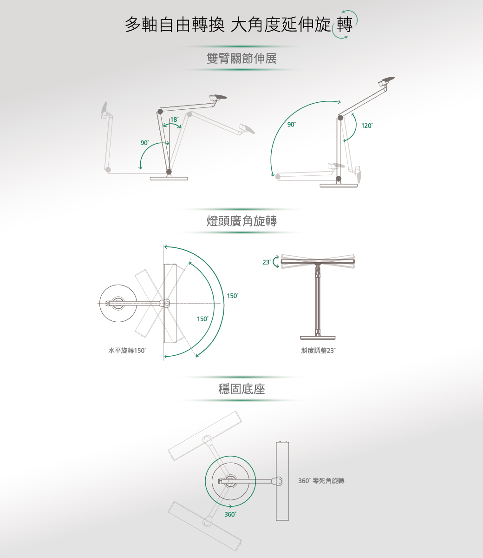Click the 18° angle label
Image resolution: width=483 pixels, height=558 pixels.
(174, 120)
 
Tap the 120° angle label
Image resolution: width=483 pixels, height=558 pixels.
(367, 126)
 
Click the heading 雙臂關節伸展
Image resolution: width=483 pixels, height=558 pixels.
(241, 58)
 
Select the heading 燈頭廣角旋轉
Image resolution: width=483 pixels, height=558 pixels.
(241, 221)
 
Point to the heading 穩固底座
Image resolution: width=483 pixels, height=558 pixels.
(241, 389)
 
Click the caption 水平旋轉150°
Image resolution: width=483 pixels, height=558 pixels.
(127, 351)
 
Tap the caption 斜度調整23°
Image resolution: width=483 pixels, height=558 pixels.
(318, 351)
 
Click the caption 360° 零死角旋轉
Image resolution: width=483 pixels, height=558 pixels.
(321, 480)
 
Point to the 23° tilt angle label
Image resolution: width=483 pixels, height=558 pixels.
(266, 262)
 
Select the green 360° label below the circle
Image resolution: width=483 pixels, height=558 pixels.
(230, 514)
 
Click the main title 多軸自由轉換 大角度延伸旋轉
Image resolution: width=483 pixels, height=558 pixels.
(239, 25)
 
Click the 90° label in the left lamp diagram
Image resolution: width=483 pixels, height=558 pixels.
(144, 143)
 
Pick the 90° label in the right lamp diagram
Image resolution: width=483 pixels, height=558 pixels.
(291, 124)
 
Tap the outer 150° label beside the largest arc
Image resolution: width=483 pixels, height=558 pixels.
(233, 296)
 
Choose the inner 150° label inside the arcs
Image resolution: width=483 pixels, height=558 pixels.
(203, 319)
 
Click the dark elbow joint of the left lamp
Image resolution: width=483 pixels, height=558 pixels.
(160, 111)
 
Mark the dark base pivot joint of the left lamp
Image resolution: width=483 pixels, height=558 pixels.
(169, 172)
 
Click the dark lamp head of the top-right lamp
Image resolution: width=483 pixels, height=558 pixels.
(387, 80)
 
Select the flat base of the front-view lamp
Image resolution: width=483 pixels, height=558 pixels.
(318, 338)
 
